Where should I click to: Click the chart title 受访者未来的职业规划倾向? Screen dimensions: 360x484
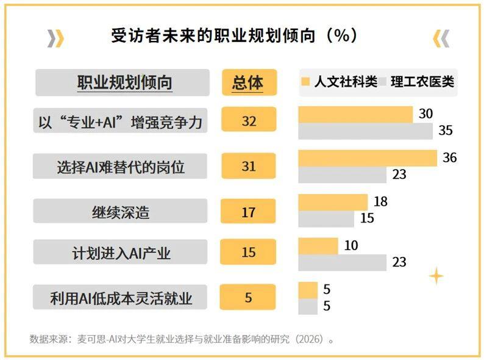tap(234, 36)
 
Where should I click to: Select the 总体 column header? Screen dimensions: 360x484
tap(248, 82)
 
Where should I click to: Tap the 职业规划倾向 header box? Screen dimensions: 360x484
tap(123, 82)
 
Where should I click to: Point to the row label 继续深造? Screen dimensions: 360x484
tap(120, 212)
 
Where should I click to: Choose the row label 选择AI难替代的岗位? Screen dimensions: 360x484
tap(120, 166)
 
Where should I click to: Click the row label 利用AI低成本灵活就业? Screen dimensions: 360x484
tap(120, 298)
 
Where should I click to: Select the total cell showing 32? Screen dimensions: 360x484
tap(248, 120)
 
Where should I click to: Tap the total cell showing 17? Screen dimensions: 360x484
tap(248, 212)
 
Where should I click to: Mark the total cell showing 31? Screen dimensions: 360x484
tap(248, 166)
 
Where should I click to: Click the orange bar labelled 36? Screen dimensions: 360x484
tap(368, 158)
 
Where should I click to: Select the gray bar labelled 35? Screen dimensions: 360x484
tap(365, 131)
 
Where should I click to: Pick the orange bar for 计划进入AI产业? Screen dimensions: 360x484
tap(318, 246)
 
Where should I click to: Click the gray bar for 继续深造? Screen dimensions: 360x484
tap(326, 218)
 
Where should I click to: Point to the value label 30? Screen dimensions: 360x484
tap(425, 114)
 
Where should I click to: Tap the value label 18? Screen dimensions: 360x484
tap(380, 202)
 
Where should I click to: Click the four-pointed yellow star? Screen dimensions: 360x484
tap(436, 276)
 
